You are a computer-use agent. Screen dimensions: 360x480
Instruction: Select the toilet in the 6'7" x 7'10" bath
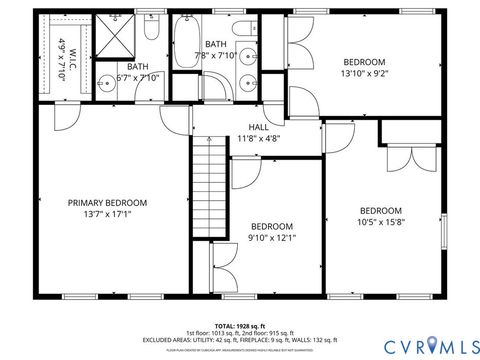point(149,28)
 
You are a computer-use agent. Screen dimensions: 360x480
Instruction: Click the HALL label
point(258,127)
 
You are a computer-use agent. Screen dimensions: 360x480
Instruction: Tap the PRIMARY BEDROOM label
point(107,202)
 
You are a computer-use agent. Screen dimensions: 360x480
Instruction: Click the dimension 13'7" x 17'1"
point(107,214)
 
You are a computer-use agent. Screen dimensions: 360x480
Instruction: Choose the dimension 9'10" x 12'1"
point(272,237)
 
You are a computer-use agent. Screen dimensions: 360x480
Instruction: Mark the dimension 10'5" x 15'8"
point(380,222)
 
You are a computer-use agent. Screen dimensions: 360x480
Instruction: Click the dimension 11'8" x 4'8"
point(258,139)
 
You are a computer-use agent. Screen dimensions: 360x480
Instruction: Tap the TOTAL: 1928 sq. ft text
point(240,325)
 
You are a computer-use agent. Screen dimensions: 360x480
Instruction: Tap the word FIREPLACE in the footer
point(263,339)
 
